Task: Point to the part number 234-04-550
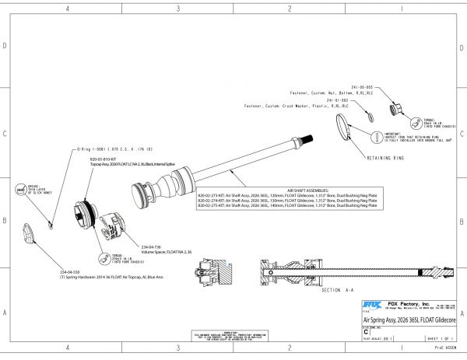tap(70, 272)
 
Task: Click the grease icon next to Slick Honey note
tap(19, 188)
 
